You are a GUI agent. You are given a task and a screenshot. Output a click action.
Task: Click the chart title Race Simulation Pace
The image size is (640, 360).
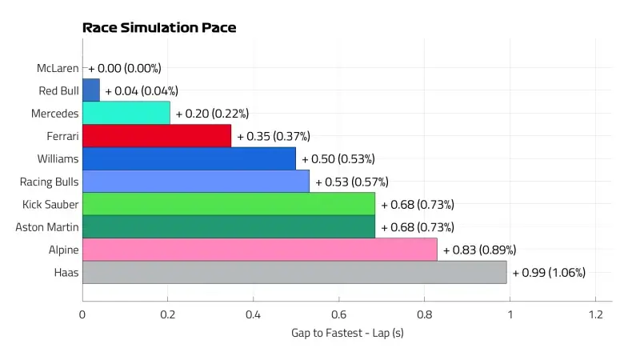[159, 28]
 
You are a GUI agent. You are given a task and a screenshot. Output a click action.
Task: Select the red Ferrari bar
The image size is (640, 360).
[157, 136]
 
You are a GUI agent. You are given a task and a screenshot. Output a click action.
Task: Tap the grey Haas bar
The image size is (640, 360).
[294, 272]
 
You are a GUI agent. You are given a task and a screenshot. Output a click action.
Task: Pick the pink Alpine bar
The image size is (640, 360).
[260, 250]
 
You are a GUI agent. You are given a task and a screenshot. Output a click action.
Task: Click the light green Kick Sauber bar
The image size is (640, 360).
[229, 204]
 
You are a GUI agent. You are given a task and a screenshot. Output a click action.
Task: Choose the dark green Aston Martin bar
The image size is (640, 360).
[229, 227]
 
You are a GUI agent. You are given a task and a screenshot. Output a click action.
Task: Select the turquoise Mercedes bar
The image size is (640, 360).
[126, 113]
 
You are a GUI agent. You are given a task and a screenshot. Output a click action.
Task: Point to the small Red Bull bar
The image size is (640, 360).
[91, 90]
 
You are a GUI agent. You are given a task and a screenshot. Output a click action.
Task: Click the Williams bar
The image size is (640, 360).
[189, 158]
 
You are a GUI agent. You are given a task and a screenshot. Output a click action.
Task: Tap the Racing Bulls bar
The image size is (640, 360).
[196, 182]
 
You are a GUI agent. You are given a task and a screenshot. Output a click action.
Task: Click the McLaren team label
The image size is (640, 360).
[58, 68]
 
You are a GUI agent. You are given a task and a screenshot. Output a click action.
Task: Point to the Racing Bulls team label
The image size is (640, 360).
[50, 182]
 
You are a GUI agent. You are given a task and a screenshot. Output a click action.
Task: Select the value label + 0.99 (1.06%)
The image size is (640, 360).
[549, 273]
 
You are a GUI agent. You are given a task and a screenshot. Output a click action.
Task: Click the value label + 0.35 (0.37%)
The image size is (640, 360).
[273, 136]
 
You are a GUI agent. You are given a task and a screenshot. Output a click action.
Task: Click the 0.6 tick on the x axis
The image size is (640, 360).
[339, 314]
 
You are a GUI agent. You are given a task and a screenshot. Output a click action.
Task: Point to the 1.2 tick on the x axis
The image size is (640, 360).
[595, 314]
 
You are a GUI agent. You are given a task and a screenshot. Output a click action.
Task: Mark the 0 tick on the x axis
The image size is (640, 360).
[82, 314]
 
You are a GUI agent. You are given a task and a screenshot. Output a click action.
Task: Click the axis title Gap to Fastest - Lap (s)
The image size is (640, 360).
[347, 333]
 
